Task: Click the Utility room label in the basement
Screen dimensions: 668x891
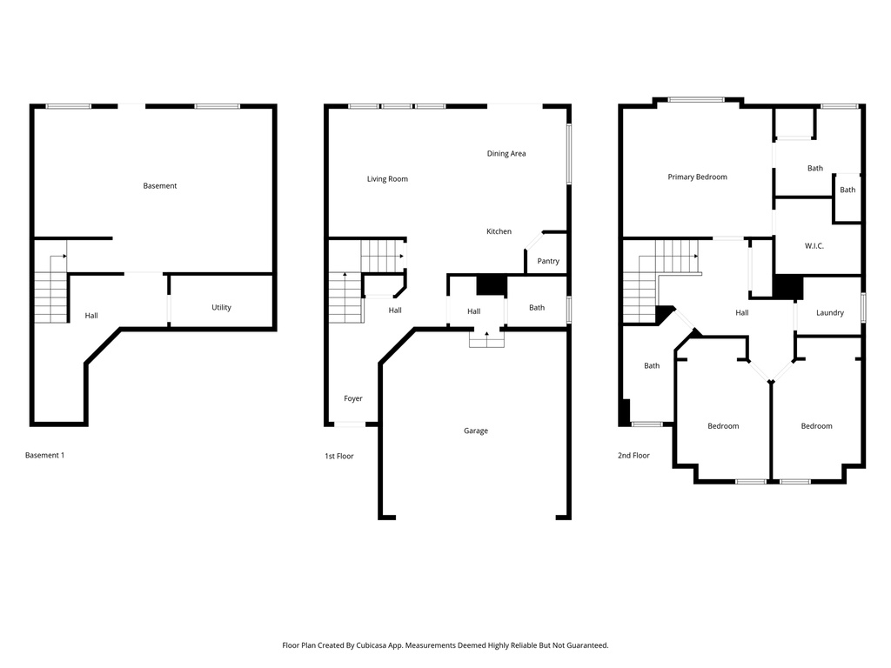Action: click(x=221, y=307)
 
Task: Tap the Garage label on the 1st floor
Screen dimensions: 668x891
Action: click(x=475, y=431)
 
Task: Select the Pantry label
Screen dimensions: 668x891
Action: click(x=548, y=261)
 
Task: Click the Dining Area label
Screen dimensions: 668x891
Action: click(x=506, y=154)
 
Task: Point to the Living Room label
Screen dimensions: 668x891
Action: click(x=387, y=179)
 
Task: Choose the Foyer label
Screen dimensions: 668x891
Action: click(x=352, y=398)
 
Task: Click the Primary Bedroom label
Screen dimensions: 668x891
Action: click(x=697, y=177)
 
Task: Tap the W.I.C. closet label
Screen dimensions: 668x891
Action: click(x=814, y=246)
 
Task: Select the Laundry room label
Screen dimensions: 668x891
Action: click(x=829, y=312)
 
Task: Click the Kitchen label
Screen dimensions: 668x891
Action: click(x=499, y=231)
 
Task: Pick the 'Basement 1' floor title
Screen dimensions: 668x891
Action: click(x=44, y=455)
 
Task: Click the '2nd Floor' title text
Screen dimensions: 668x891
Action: click(x=634, y=455)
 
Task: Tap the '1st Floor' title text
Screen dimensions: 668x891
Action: click(x=338, y=456)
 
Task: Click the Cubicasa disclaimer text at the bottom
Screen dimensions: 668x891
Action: click(x=445, y=645)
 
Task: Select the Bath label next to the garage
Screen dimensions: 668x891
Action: click(x=537, y=307)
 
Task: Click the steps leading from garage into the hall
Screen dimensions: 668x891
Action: click(x=486, y=339)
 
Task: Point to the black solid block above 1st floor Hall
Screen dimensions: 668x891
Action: click(x=491, y=285)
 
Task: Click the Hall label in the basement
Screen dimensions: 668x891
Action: click(x=91, y=315)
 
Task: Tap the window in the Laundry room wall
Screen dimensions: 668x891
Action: click(x=863, y=307)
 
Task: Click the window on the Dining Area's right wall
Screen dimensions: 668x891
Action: click(x=569, y=154)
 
